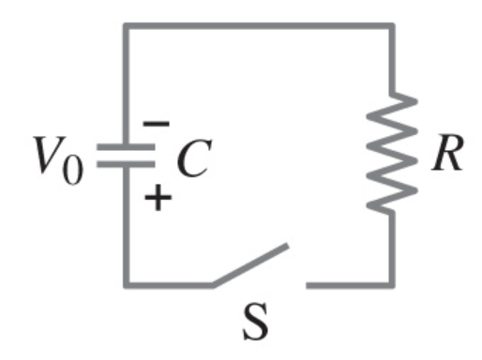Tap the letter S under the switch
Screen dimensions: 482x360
click(259, 323)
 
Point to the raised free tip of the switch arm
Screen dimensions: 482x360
click(285, 249)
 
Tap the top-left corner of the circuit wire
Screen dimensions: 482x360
click(125, 24)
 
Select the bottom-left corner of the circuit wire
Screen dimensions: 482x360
click(125, 284)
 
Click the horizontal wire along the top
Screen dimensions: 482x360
click(259, 24)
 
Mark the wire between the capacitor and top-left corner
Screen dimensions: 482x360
click(125, 84)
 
